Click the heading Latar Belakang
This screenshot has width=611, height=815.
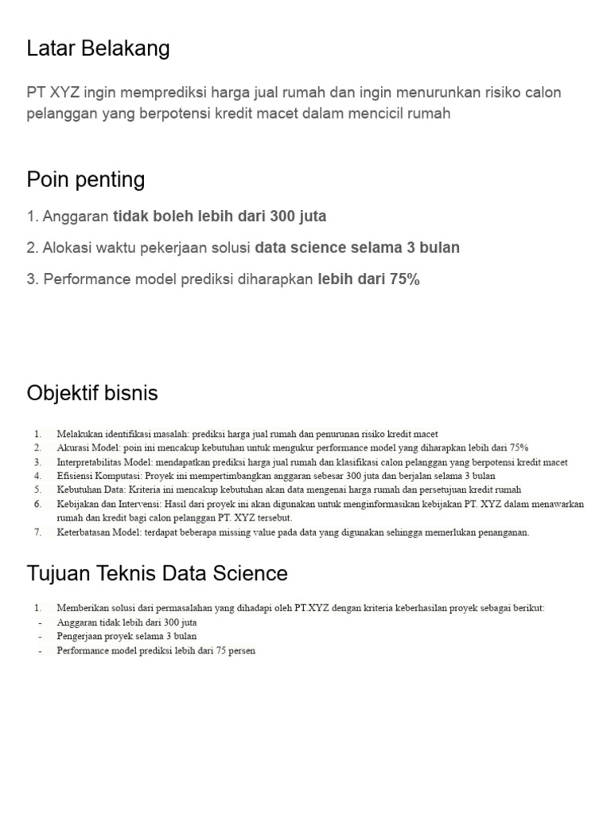(x=98, y=49)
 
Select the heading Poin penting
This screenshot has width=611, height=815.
(x=86, y=179)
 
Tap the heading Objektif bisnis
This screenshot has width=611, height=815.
(x=92, y=393)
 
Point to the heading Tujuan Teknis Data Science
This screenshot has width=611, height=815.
(x=157, y=573)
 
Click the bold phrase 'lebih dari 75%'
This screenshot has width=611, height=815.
(x=368, y=279)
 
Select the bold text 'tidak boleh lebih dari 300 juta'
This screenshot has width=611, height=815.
(x=220, y=216)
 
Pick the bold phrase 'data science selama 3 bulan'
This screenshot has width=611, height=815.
(x=357, y=248)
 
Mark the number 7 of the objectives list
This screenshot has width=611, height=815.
(x=37, y=532)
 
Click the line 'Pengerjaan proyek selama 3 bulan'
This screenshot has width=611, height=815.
(x=126, y=637)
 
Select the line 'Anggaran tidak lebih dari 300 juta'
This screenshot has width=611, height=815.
(x=126, y=622)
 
